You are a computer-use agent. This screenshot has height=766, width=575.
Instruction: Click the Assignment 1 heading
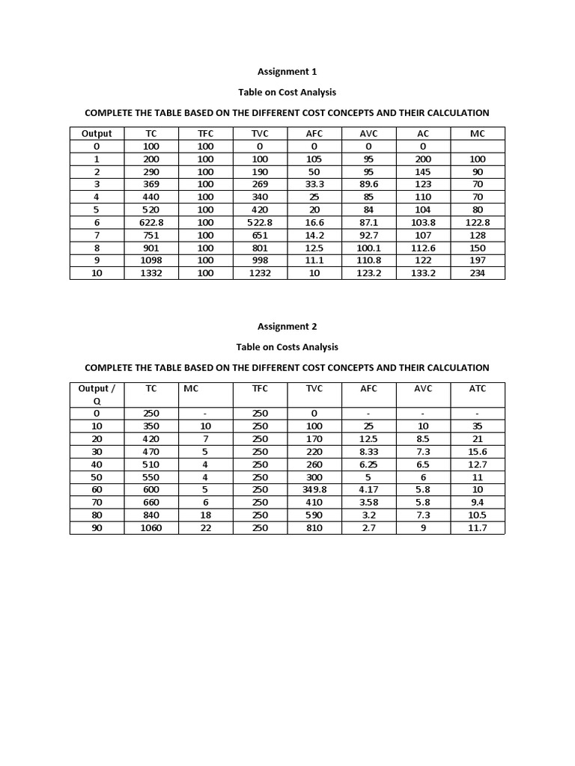pos(287,72)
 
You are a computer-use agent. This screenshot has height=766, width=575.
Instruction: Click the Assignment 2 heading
pos(287,326)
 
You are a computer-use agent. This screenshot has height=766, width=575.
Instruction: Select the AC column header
pos(423,134)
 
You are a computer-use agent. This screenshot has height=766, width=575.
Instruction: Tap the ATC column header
pos(477,389)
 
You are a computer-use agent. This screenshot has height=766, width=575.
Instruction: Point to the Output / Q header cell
pos(97,395)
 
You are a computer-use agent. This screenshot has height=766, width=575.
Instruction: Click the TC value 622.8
pos(151,223)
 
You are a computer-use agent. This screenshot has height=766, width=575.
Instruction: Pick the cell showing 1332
pos(151,274)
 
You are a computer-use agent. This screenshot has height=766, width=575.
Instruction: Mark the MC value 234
pos(477,274)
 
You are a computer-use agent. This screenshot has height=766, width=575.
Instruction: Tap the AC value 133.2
pos(423,274)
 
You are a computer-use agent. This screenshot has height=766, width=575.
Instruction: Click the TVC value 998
pos(260,261)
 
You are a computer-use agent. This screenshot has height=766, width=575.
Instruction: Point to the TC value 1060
pos(151,528)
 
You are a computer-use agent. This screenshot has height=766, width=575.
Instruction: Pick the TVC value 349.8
pos(314,490)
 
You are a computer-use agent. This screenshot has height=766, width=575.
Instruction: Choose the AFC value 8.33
pos(368,452)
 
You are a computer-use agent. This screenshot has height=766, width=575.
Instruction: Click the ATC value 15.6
pos(477,452)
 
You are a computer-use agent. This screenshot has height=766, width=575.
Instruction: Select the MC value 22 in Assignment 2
pos(206,528)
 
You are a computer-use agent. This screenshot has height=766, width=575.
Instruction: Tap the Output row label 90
pos(97,528)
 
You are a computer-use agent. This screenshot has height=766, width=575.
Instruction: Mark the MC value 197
pos(477,261)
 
